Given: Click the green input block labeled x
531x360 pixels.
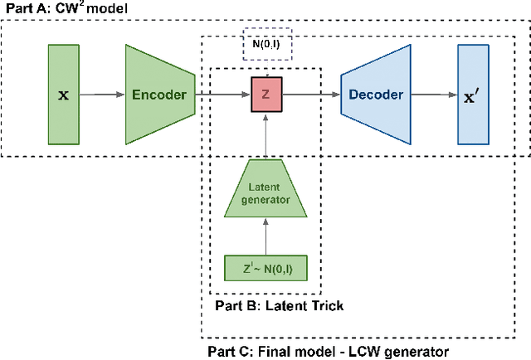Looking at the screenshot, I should click(63, 95).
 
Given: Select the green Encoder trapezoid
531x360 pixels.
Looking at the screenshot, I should click(159, 95).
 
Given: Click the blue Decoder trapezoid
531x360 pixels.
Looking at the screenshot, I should click(375, 95).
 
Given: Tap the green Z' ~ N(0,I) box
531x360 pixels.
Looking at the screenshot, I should click(266, 269).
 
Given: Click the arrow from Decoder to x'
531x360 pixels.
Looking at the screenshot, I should click(434, 95).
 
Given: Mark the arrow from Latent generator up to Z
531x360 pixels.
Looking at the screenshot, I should click(266, 137).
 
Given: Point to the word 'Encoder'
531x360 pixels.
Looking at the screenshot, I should click(160, 95).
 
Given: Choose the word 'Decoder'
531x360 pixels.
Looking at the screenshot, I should click(375, 95).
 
